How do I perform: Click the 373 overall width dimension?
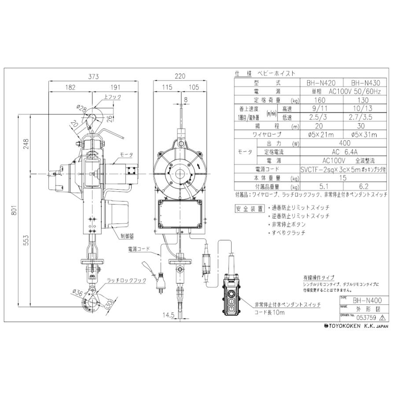click(x=93, y=76)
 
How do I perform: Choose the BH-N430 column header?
click(x=365, y=82)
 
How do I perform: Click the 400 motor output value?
click(x=345, y=143)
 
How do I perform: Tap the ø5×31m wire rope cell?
click(x=365, y=135)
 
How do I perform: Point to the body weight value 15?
click(x=345, y=178)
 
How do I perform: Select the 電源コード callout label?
click(x=139, y=249)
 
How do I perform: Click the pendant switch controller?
click(x=231, y=297)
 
